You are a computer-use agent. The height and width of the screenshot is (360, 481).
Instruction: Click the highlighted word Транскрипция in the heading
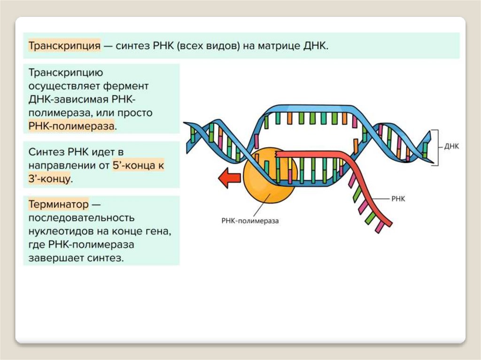click(65, 46)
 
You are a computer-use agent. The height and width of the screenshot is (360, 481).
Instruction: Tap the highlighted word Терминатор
click(58, 205)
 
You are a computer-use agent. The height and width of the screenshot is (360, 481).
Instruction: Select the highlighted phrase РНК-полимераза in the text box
click(71, 126)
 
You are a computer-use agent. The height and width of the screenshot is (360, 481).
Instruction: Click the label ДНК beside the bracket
click(451, 146)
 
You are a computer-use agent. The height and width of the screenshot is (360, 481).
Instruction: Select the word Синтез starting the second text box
click(45, 152)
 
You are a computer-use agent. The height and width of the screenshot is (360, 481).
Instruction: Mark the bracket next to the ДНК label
click(436, 147)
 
